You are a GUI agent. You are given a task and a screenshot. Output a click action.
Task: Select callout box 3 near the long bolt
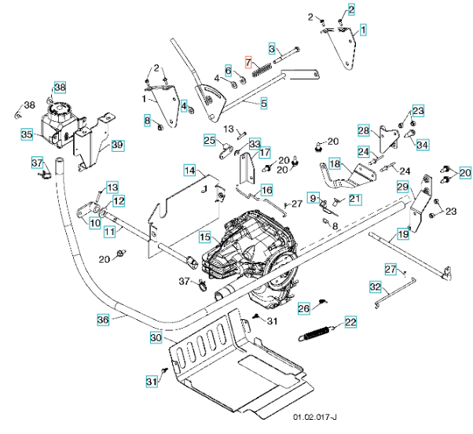click(272, 49)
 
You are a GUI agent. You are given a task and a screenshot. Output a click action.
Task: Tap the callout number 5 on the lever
click(263, 102)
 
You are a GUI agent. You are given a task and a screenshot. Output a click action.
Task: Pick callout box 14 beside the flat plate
click(189, 170)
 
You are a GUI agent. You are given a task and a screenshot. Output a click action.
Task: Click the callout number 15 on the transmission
click(204, 236)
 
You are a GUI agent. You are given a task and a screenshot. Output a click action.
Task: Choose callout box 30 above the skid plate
click(156, 337)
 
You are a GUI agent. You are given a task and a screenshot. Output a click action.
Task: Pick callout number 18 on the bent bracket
click(335, 164)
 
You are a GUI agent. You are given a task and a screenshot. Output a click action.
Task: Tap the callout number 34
click(423, 145)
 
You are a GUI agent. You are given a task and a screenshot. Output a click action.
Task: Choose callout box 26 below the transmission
click(303, 309)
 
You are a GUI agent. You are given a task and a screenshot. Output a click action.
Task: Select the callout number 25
click(209, 141)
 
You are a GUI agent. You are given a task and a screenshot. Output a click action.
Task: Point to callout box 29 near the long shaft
click(403, 186)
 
